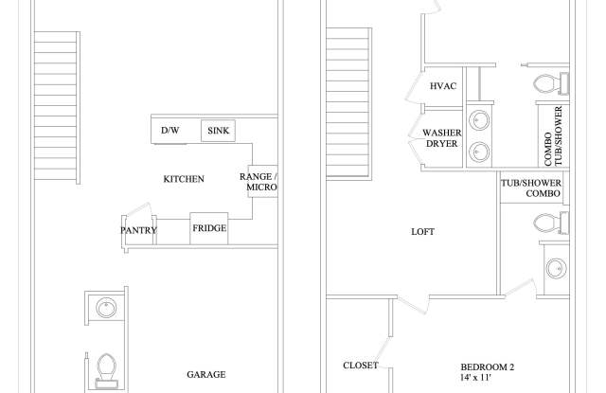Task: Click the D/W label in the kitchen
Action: [170, 130]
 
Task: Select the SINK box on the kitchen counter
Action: [219, 130]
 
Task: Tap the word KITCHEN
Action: [183, 178]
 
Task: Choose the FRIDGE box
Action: [208, 228]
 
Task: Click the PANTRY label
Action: [138, 230]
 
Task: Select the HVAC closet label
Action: [444, 86]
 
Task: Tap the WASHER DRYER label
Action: [441, 139]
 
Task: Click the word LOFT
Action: [422, 230]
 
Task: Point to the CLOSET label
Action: [361, 366]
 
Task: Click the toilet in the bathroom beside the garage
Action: [107, 367]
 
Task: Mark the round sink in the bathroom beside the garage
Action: [107, 308]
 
